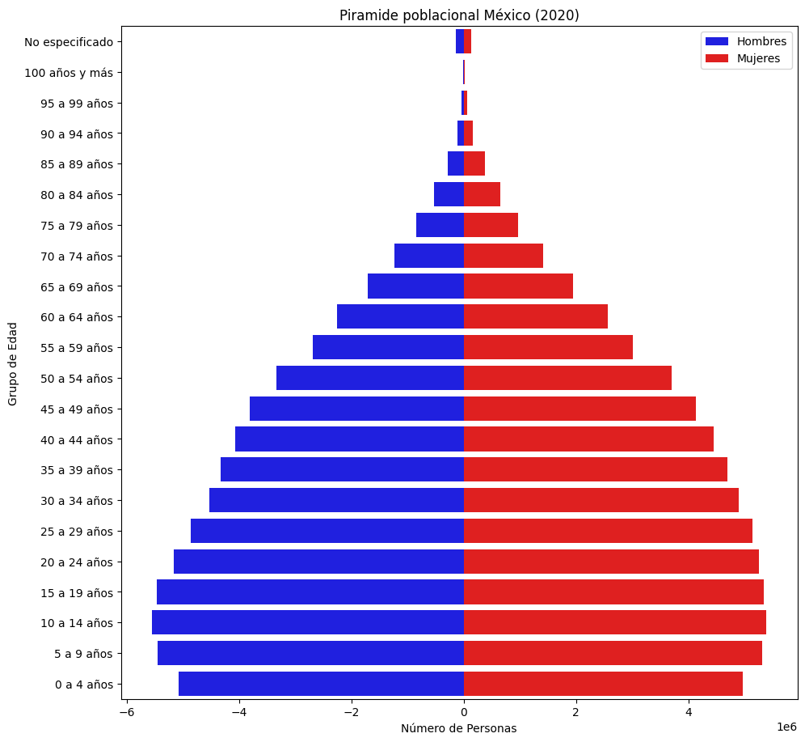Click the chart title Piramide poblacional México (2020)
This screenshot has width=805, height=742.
coord(459,15)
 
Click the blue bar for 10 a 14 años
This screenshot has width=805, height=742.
coord(308,622)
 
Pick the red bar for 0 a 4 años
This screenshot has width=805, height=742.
coord(603,684)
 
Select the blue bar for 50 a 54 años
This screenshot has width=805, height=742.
coord(370,378)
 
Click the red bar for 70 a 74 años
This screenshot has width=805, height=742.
coord(504,256)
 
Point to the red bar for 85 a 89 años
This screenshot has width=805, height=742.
coord(474,163)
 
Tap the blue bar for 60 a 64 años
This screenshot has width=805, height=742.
coord(400,316)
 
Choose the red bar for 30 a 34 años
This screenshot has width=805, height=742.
coord(601,500)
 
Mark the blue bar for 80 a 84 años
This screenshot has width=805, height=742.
coord(449,194)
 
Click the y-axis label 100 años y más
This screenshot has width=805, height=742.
coord(74,73)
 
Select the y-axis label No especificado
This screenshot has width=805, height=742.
coord(74,42)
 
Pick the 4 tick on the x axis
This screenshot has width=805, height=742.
coord(689,713)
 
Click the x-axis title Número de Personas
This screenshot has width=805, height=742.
coord(459,728)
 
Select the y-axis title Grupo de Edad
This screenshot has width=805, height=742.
coord(13,363)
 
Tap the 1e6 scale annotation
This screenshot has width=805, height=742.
coord(787,727)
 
